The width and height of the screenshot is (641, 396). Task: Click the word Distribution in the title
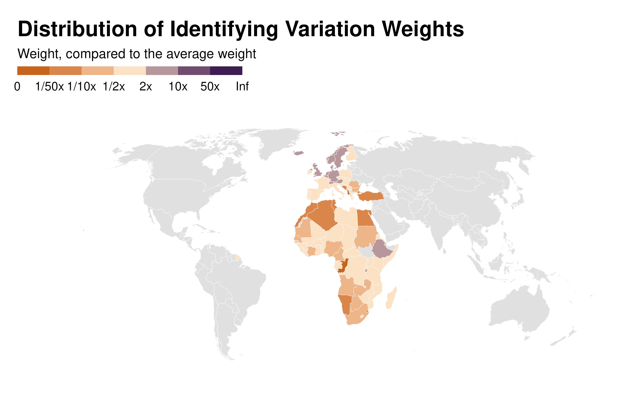click(x=78, y=29)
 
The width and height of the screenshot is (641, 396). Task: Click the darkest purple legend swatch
click(x=226, y=71)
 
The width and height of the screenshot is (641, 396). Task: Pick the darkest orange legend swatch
click(x=33, y=71)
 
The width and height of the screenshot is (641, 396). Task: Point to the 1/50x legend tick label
click(x=50, y=86)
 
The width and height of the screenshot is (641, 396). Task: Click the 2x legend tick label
click(x=146, y=86)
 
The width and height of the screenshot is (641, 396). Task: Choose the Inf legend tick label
click(x=242, y=86)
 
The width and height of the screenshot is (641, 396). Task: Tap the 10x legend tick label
click(x=178, y=86)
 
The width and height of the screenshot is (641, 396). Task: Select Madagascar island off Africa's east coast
click(x=391, y=299)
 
